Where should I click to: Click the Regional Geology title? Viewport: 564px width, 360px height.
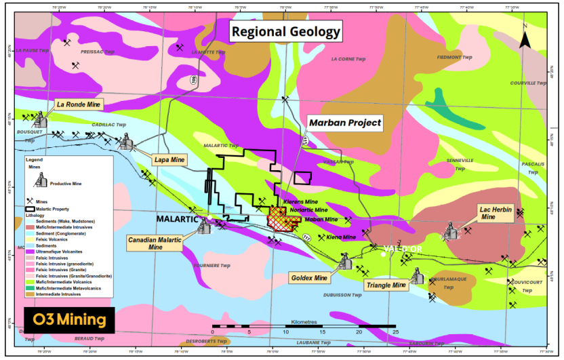coord(285,31)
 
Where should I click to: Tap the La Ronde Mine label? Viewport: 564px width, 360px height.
coord(78,105)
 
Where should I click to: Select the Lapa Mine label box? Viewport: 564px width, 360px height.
coord(169,160)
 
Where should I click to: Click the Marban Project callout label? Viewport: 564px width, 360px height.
coord(345,123)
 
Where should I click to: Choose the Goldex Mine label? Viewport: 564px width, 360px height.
coord(308,278)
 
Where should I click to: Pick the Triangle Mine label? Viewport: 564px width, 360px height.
coord(386,285)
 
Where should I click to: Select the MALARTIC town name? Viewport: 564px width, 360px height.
coord(177,220)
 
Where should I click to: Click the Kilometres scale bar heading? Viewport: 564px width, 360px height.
coord(304,321)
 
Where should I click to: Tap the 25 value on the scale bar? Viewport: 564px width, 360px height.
coord(395,333)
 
